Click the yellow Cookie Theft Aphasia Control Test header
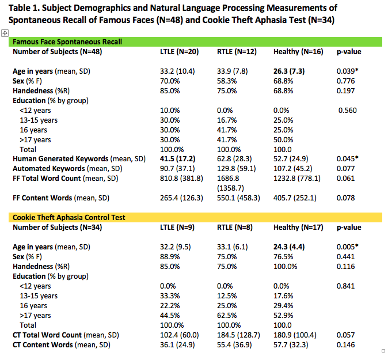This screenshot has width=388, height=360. [69, 217]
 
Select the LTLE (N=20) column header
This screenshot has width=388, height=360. [179, 52]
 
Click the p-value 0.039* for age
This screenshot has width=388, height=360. [348, 71]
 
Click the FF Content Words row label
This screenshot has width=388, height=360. [51, 198]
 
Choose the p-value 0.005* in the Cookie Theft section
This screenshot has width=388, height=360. [348, 247]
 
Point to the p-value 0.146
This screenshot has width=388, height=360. [347, 344]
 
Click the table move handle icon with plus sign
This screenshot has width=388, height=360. [5, 33]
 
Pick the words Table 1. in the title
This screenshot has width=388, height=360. [26, 8]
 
